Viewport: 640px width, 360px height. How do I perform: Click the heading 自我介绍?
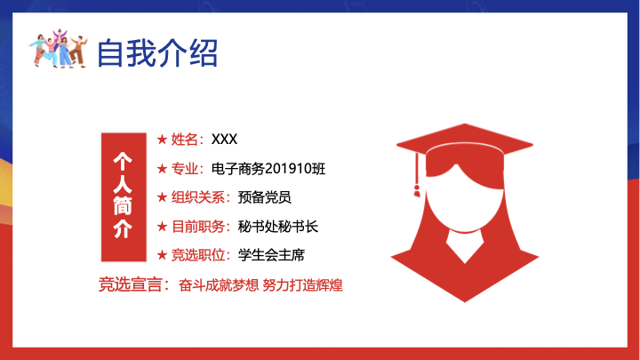point(157,52)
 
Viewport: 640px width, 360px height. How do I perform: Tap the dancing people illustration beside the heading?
point(58,48)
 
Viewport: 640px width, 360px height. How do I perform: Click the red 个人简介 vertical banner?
point(124,196)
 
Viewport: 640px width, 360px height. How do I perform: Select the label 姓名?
point(185,140)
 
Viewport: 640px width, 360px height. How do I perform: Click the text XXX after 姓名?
point(224,140)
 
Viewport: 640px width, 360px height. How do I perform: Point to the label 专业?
point(185,169)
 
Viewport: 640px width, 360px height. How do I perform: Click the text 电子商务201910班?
point(268,169)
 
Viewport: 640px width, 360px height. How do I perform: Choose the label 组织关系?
point(197,197)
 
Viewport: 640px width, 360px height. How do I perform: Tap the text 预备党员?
point(265,197)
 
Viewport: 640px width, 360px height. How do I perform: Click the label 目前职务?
point(197,227)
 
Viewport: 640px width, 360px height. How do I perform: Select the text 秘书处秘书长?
point(278,227)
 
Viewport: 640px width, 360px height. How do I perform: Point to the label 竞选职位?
point(197,255)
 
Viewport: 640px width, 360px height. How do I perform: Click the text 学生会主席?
point(271,255)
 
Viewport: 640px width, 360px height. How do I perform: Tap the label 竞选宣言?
point(131,284)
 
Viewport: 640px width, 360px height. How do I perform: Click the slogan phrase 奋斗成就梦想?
point(219,285)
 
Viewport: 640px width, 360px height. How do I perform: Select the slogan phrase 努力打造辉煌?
point(302,285)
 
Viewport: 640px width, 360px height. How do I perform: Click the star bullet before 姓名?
point(162,140)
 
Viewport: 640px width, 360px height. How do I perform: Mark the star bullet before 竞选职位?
point(162,255)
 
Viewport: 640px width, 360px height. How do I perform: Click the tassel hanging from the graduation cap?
point(417,175)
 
